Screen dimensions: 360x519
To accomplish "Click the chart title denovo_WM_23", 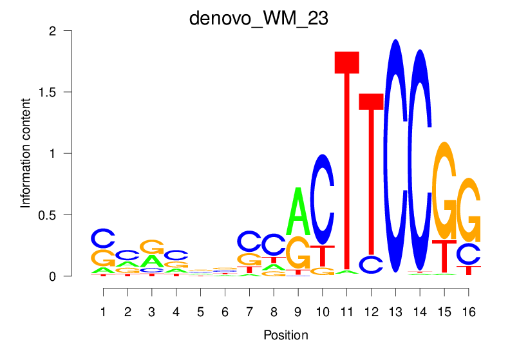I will click(259, 18).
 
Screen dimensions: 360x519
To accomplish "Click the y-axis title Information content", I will click(26, 153).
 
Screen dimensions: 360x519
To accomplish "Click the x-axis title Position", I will click(285, 336).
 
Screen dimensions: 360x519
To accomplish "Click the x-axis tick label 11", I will click(346, 312).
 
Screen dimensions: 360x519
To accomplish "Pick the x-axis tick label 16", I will click(468, 312).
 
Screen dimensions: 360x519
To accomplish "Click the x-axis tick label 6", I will click(225, 312).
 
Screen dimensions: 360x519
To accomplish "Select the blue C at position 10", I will click(322, 200).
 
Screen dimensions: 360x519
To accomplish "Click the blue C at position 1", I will click(103, 238).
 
